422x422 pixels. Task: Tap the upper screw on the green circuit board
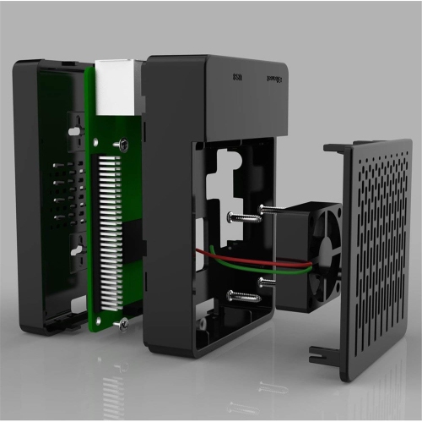(x=123, y=145)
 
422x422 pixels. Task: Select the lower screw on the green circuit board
(x=123, y=322)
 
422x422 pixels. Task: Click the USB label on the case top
(x=237, y=78)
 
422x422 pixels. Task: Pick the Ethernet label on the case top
(x=273, y=79)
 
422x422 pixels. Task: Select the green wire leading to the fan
(x=245, y=265)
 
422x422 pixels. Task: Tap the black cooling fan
(x=308, y=254)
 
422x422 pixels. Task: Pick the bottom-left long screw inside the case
(x=241, y=296)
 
